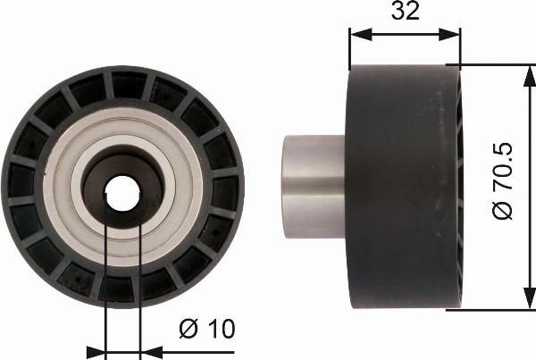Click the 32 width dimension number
405,11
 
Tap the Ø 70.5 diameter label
502,180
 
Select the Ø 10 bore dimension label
207,329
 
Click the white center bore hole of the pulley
122,194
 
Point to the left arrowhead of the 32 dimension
361,34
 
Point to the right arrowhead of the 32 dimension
449,34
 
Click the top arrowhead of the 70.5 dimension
530,76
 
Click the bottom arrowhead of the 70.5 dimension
530,298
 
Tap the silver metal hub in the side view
314,187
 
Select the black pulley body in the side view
404,187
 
